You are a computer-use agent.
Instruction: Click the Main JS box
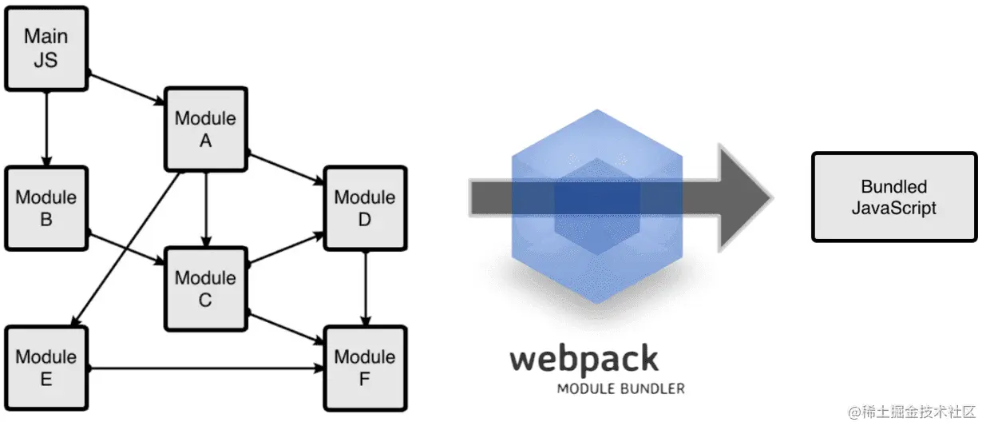point(46,49)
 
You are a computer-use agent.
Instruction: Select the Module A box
point(205,129)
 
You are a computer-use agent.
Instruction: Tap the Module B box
point(46,208)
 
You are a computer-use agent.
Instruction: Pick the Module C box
point(205,289)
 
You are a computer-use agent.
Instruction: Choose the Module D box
point(364,208)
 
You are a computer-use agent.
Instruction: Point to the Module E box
point(46,368)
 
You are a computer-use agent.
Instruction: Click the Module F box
point(364,368)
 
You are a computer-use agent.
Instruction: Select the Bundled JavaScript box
point(893,197)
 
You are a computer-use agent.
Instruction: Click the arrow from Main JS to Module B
point(46,128)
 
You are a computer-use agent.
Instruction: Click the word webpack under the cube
point(584,359)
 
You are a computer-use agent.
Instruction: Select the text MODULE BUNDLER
point(620,389)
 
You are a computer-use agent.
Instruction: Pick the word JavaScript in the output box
point(893,208)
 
